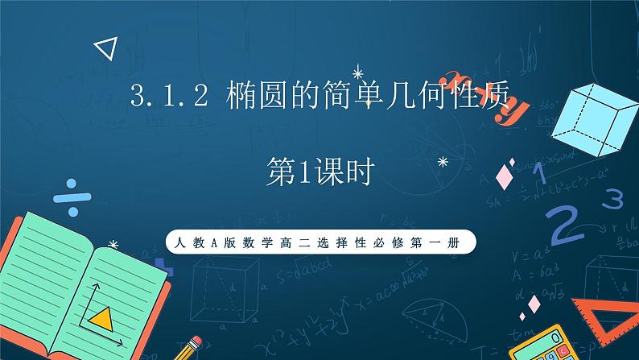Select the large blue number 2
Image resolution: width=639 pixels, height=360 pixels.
(567, 221)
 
